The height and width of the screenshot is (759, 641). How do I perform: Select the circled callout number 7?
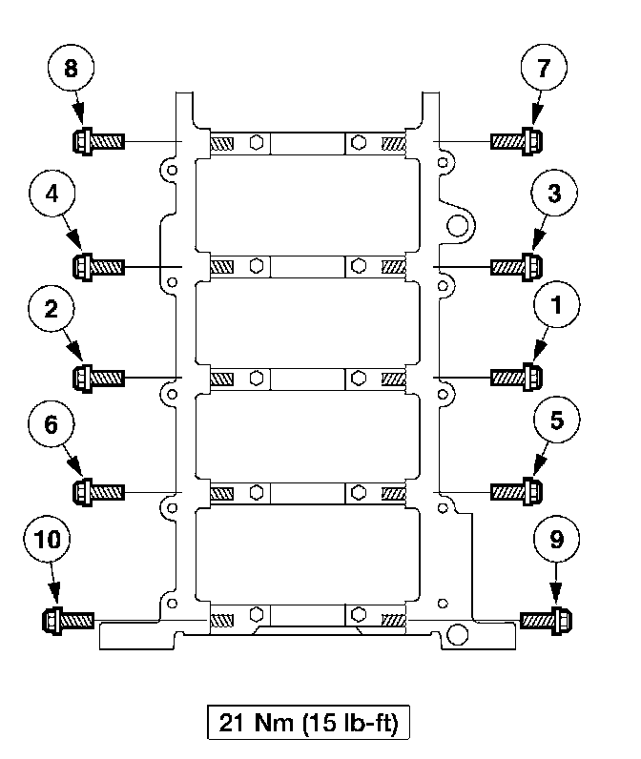click(545, 71)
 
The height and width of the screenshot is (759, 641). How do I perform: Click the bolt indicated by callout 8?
click(98, 142)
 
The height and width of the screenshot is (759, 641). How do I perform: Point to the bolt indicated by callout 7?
click(516, 142)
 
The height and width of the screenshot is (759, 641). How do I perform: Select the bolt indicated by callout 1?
click(516, 378)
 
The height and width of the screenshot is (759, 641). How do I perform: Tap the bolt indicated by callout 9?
click(547, 621)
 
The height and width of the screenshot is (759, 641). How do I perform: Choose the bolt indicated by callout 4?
click(98, 263)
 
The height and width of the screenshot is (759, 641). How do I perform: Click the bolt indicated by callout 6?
click(98, 491)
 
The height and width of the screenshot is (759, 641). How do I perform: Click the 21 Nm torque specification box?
click(308, 722)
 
